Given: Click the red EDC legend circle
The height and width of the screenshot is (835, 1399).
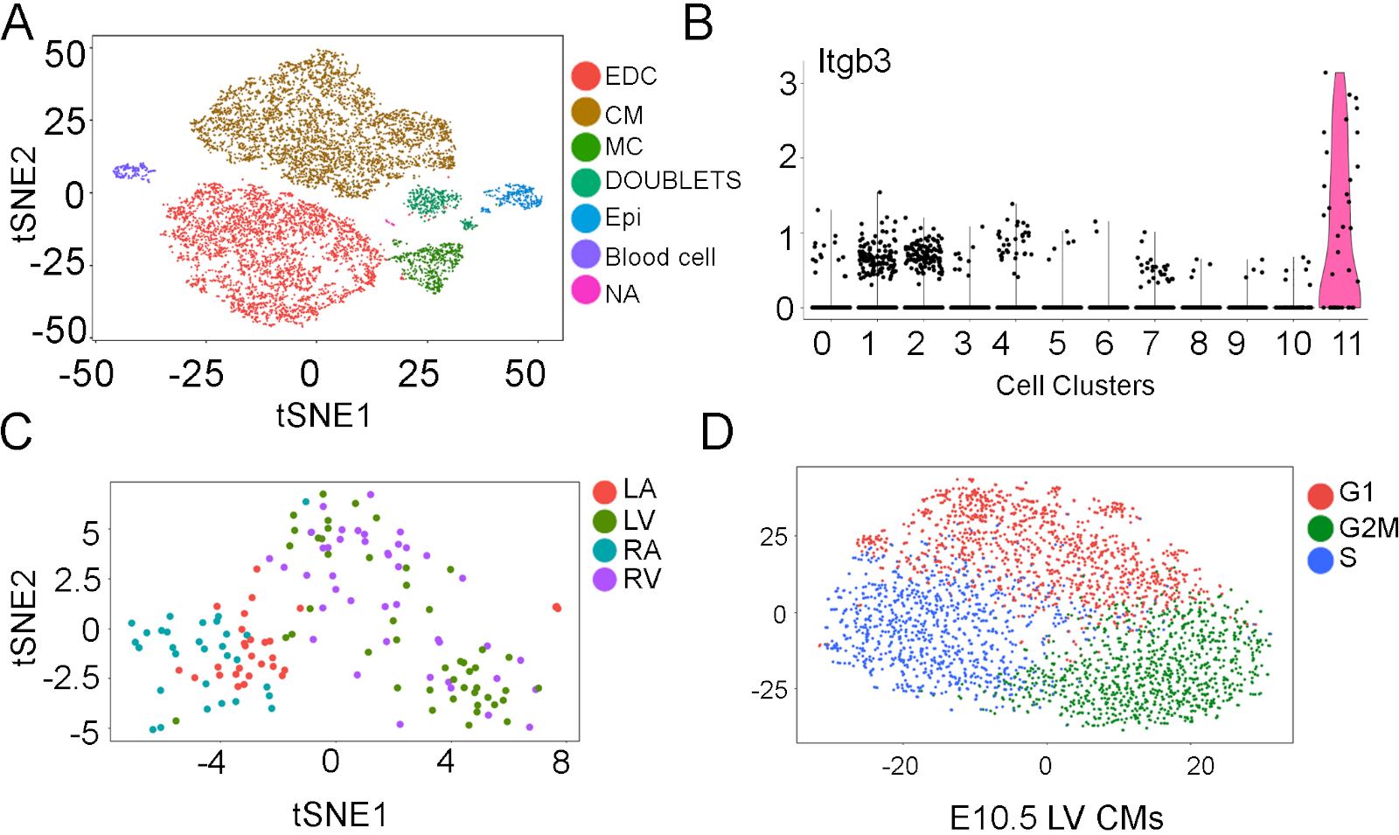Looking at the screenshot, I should click(585, 76).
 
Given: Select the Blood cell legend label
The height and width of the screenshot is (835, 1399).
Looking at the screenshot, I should click(660, 257).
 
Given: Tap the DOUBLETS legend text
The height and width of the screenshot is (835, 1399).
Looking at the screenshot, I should click(672, 181).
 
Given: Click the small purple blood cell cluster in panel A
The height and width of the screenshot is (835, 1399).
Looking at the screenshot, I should click(133, 170).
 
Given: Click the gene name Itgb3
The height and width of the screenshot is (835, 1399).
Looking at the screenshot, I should click(854, 62).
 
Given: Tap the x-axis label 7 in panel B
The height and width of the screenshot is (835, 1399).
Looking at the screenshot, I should click(1151, 344).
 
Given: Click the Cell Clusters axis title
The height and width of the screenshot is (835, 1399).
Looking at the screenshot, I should click(1075, 386).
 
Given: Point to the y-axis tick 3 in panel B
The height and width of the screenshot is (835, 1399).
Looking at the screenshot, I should click(788, 85).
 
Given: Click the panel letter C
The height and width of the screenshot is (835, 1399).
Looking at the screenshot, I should click(17, 431).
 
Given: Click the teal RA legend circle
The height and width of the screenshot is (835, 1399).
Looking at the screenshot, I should click(604, 550).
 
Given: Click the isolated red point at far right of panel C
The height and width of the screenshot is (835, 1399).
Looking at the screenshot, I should click(557, 608).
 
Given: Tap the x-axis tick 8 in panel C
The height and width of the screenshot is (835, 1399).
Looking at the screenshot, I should click(561, 762).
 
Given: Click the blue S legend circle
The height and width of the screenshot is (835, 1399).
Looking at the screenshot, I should click(1320, 560).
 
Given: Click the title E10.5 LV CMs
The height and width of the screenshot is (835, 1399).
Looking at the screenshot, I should click(1056, 818).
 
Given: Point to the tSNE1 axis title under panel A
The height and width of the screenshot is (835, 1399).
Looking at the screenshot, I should click(324, 416).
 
